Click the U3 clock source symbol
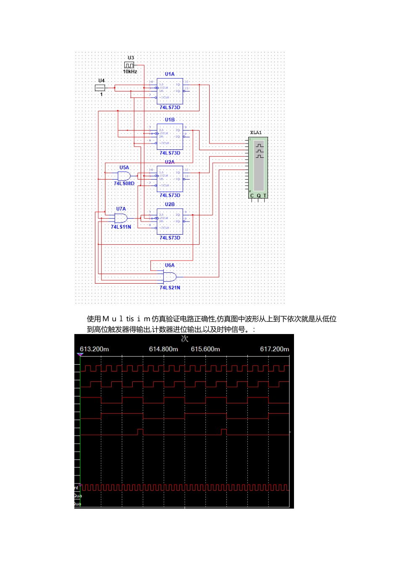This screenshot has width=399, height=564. coord(129,65)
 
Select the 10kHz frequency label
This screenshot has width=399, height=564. coord(130,72)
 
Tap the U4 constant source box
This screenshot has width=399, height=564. coord(100,88)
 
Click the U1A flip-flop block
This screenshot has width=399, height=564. coord(170,91)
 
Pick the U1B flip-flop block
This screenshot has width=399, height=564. coord(170,137)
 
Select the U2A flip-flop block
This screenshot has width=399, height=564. coord(170,179)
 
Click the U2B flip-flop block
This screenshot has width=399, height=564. coord(170,221)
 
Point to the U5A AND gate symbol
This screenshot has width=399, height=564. coord(124,176)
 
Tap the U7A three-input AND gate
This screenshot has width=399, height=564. coord(121,218)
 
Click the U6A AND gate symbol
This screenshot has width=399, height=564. coord(170,277)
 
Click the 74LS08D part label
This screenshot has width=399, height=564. coord(124,183)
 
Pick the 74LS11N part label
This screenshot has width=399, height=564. coord(121,227)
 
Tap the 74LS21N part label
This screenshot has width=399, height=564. coord(170,287)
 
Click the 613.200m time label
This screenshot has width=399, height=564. coord(94,349)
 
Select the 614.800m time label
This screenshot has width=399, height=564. coord(163,349)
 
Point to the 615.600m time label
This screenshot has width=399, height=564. coord(205,349)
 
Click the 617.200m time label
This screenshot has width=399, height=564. coord(275,349)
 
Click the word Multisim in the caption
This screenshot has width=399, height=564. coord(126,319)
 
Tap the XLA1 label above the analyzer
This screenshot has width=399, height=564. coord(256,133)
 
